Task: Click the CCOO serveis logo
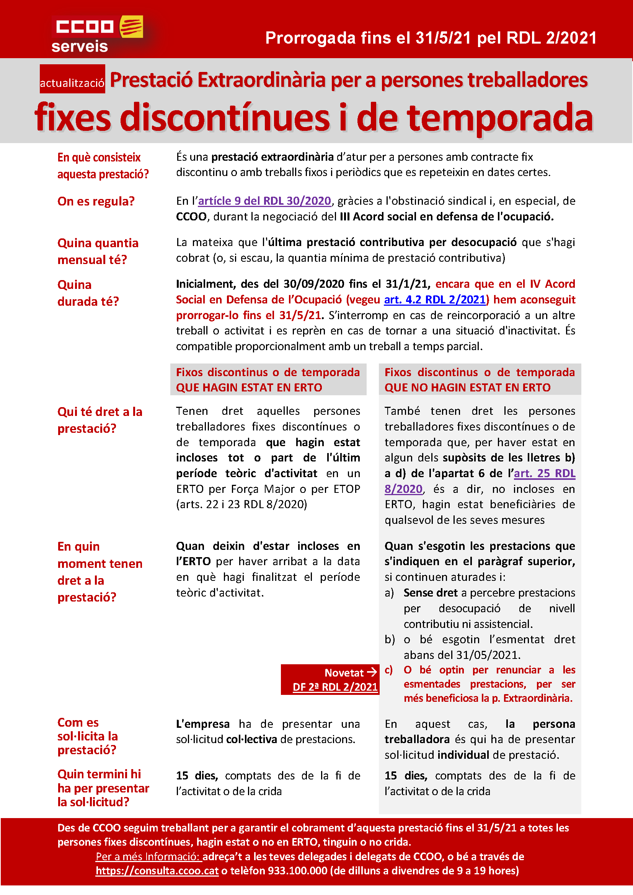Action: click(98, 34)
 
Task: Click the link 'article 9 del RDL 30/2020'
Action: click(265, 201)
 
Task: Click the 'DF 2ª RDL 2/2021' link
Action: click(335, 687)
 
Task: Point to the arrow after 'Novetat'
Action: click(372, 672)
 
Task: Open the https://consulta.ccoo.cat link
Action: click(157, 871)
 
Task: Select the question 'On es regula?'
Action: click(96, 202)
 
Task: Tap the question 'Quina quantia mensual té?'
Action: click(98, 251)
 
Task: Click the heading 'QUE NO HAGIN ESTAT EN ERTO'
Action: click(467, 388)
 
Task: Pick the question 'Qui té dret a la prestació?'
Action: click(100, 420)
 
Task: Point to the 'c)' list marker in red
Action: click(388, 670)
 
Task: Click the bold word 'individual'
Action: click(463, 755)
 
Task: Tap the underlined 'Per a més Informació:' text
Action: click(148, 856)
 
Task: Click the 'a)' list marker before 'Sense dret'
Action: click(389, 593)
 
